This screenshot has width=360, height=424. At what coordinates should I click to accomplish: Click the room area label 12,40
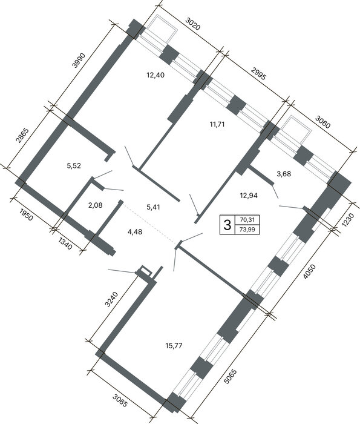coord(155,75)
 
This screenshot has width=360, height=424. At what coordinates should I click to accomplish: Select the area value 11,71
coord(217,124)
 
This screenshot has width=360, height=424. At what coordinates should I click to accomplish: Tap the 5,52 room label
coord(74,165)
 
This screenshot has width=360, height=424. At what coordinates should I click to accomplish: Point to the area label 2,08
coord(96,205)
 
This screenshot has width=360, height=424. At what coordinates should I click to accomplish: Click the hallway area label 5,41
coord(153,207)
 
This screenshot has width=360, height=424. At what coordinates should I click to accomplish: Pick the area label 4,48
coord(134,232)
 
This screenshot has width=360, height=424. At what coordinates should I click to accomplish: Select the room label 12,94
coord(249,195)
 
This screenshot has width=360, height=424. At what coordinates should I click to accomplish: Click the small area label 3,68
coord(284,174)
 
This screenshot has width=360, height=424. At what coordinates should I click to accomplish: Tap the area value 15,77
coord(174,345)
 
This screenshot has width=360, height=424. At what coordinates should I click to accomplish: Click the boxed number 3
coord(227,225)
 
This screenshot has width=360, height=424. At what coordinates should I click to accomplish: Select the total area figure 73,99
coord(247,230)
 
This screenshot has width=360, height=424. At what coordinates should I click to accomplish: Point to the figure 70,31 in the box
coord(247,220)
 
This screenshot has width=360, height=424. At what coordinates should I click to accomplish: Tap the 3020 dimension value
coord(193,24)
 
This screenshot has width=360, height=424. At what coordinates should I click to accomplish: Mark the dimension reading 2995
coord(258,73)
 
